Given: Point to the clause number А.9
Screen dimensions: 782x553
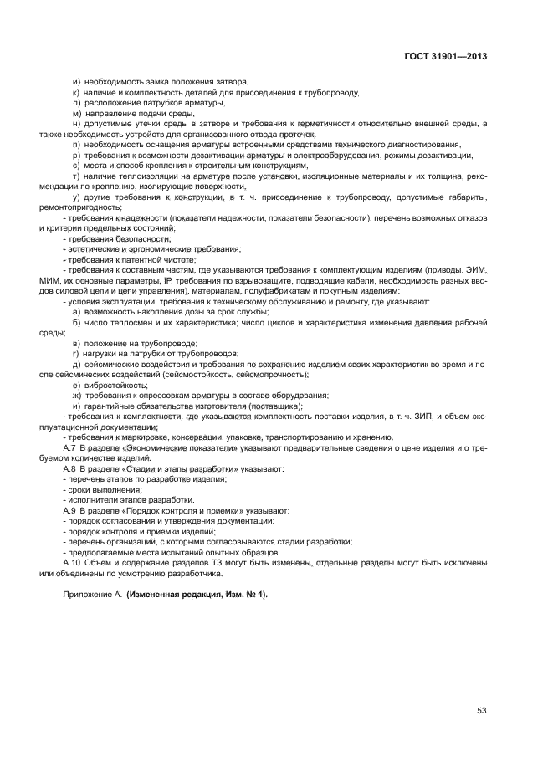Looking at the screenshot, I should point(69,509).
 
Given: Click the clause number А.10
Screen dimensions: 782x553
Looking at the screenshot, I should point(72,563).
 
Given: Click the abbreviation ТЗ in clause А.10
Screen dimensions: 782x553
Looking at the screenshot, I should point(192,563).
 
